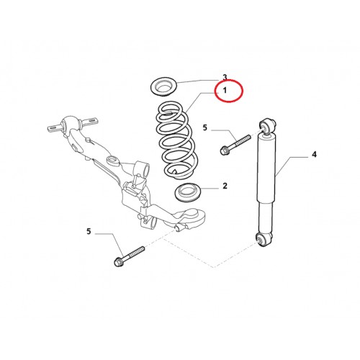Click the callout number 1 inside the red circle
(225, 91)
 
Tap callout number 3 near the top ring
(225, 77)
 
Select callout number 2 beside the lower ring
(225, 186)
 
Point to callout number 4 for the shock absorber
(314, 154)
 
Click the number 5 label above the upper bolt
(204, 127)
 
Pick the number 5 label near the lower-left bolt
(89, 231)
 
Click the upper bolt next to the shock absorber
(235, 145)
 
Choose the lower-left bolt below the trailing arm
(129, 256)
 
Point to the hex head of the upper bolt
(224, 150)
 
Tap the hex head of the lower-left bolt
(118, 262)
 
